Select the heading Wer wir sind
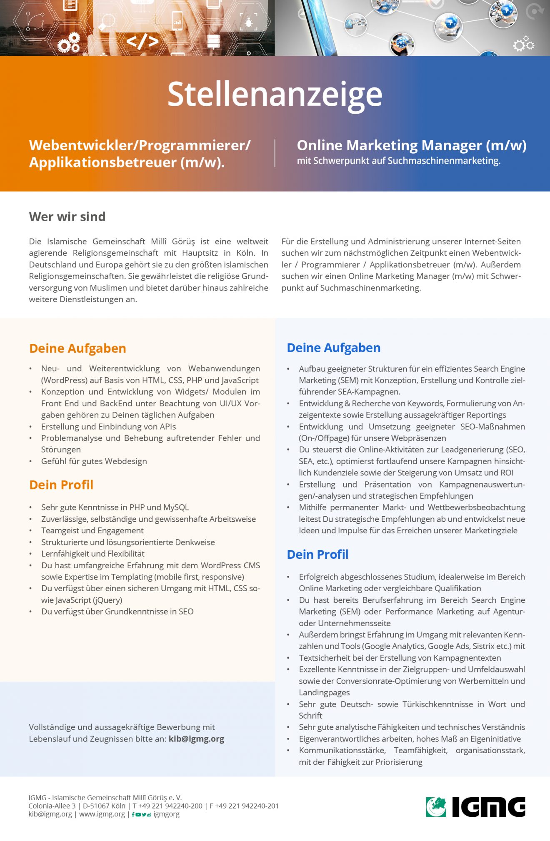pyautogui.click(x=67, y=216)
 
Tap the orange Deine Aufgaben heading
pyautogui.click(x=77, y=348)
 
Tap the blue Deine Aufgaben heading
pyautogui.click(x=333, y=348)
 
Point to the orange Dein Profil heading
pyautogui.click(x=61, y=485)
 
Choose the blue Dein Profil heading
pyautogui.click(x=317, y=554)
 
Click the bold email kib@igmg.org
pyautogui.click(x=196, y=739)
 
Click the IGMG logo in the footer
pyautogui.click(x=475, y=807)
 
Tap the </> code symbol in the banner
pyautogui.click(x=142, y=41)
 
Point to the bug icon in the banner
pyautogui.click(x=249, y=22)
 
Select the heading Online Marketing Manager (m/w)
pyautogui.click(x=411, y=145)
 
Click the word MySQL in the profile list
pyautogui.click(x=176, y=507)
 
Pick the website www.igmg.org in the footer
pyautogui.click(x=102, y=814)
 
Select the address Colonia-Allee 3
pyautogui.click(x=52, y=806)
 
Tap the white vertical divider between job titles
pyautogui.click(x=275, y=153)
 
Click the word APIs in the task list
pyautogui.click(x=166, y=426)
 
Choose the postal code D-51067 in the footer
pyautogui.click(x=96, y=806)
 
